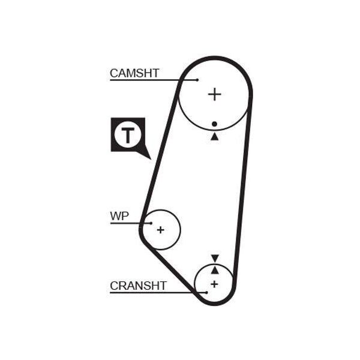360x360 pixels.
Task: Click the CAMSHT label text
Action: tap(134, 73)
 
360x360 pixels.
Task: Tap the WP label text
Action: tap(119, 216)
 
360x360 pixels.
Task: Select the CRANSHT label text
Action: tap(138, 286)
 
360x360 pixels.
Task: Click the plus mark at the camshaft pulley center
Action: tap(214, 94)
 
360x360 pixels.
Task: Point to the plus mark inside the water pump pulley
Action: tap(160, 230)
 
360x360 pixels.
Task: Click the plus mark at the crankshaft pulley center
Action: tap(214, 284)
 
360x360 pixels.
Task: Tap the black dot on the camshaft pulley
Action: tap(214, 124)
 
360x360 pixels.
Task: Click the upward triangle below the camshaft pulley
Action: tap(215, 136)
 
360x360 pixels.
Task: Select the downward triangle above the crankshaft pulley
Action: tap(215, 258)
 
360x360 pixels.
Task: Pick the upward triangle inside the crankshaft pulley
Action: tap(215, 270)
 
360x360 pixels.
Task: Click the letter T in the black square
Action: tap(128, 135)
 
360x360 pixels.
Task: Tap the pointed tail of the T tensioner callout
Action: tap(151, 159)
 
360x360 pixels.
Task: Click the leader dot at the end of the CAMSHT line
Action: tap(197, 80)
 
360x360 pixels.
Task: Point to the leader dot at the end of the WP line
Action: tap(151, 223)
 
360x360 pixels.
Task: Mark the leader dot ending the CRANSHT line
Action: tap(206, 293)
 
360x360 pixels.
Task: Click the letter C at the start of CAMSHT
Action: tap(114, 73)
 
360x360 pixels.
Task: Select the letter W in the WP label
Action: tap(116, 216)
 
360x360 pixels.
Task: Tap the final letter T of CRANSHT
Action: tap(163, 286)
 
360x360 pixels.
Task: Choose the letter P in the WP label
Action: tap(126, 216)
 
